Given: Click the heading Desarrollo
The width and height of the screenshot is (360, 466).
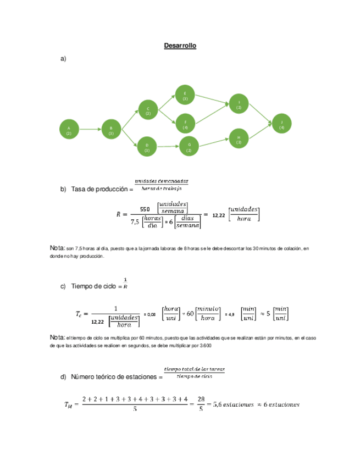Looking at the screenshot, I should click(180, 46).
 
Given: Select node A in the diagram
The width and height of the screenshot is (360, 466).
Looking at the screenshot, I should click(69, 130).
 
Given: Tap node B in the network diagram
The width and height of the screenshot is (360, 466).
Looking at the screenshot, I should click(111, 130).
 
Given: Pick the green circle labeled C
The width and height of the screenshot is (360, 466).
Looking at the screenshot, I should click(148, 110).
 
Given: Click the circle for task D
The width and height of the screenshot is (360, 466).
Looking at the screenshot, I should click(147, 147).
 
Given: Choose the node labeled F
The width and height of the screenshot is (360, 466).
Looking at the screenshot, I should click(185, 124).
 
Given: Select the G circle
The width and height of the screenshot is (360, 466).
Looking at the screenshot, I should click(189, 146).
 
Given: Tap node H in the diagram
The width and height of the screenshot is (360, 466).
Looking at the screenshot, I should click(239, 139).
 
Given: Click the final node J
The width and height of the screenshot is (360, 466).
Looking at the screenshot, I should click(281, 124).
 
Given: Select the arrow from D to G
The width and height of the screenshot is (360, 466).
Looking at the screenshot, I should click(168, 146).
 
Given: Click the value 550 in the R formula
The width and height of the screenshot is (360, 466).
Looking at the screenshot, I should click(145, 209).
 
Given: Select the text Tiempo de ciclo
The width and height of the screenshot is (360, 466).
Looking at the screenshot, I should click(96, 286).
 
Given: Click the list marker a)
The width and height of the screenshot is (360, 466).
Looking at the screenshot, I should click(63, 58).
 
